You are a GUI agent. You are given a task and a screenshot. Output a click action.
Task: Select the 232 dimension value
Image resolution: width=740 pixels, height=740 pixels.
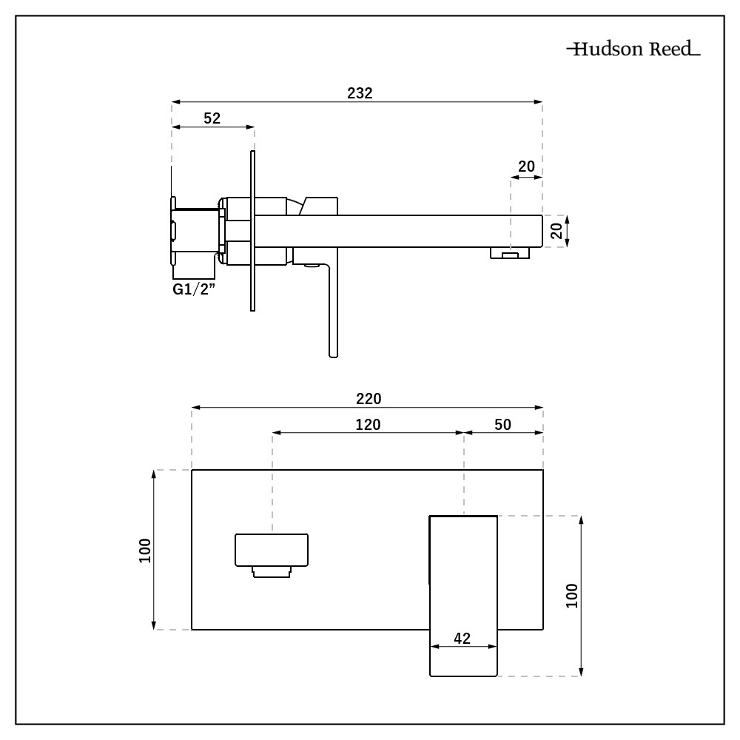tap(360, 93)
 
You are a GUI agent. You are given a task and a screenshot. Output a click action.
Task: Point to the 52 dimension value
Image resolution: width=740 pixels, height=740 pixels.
tap(212, 118)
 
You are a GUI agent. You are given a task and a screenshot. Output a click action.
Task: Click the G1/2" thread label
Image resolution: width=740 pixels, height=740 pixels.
tap(193, 289)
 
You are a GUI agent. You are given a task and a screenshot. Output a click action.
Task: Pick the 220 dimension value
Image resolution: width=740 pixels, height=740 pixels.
tap(368, 398)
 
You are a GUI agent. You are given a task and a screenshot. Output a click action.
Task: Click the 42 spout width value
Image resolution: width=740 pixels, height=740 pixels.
tap(462, 638)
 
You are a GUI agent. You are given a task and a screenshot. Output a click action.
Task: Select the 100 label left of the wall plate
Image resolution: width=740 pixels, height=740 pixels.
tap(145, 550)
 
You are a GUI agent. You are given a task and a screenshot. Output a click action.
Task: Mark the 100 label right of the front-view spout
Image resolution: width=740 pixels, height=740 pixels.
tap(571, 596)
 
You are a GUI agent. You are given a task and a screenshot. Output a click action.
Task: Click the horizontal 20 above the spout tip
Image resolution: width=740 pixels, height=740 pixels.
tap(526, 166)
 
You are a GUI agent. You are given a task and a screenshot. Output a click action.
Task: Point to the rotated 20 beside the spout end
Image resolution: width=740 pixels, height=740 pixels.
tap(558, 231)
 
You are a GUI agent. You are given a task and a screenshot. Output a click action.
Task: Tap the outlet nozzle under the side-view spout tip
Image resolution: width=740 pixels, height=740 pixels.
tap(511, 254)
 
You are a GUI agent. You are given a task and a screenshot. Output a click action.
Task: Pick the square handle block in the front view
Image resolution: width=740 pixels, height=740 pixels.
tap(272, 550)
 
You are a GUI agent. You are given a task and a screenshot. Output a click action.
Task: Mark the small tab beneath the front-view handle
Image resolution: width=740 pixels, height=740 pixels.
tap(271, 571)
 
